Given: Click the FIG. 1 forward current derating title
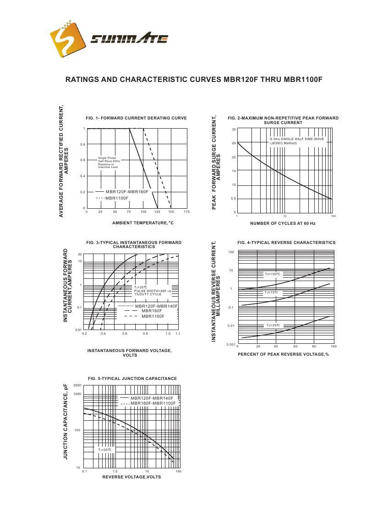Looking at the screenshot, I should click(x=136, y=118).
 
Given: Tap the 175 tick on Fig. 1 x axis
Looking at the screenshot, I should click(x=186, y=212).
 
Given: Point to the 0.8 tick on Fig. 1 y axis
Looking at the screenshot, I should click(x=82, y=145).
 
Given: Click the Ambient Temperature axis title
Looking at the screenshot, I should click(x=143, y=223).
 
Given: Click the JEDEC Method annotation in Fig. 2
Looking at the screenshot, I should click(x=284, y=143).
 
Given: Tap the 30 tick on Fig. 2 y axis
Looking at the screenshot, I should click(x=234, y=130).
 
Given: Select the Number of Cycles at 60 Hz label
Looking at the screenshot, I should click(x=283, y=223).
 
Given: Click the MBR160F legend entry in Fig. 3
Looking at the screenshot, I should click(x=152, y=311).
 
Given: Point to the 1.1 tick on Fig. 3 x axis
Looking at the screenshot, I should click(x=178, y=334).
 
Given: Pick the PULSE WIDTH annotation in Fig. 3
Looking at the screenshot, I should click(x=153, y=291).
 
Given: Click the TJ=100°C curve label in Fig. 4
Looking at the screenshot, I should click(x=273, y=274).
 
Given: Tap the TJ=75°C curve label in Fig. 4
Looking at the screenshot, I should click(x=271, y=293).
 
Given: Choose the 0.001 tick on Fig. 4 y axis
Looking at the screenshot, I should click(x=231, y=344).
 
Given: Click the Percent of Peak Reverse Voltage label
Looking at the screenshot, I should click(x=283, y=354).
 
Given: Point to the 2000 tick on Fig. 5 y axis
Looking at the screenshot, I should click(x=77, y=386).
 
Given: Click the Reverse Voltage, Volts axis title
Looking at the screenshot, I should click(x=131, y=477).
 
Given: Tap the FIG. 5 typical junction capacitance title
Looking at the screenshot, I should click(x=132, y=379).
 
